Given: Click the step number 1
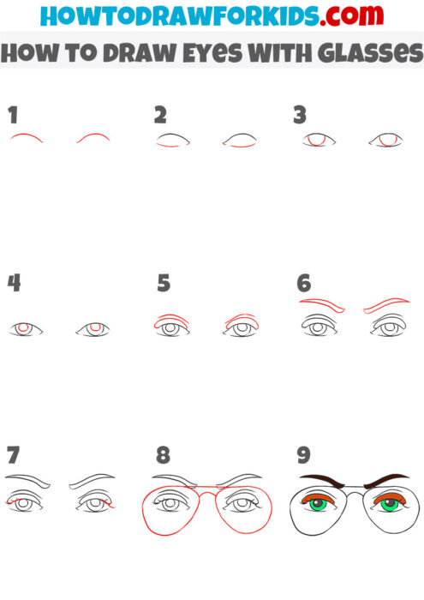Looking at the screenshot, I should (13, 115).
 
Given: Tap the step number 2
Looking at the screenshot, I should (160, 115).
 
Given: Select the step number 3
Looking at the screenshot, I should (300, 115).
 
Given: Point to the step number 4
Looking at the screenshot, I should (14, 283).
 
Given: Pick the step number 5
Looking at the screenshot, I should (164, 283).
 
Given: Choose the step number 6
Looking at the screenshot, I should (303, 283).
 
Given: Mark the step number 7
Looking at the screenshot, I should (13, 453).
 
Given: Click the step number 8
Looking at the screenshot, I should (163, 453).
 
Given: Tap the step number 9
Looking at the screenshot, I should (303, 453).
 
